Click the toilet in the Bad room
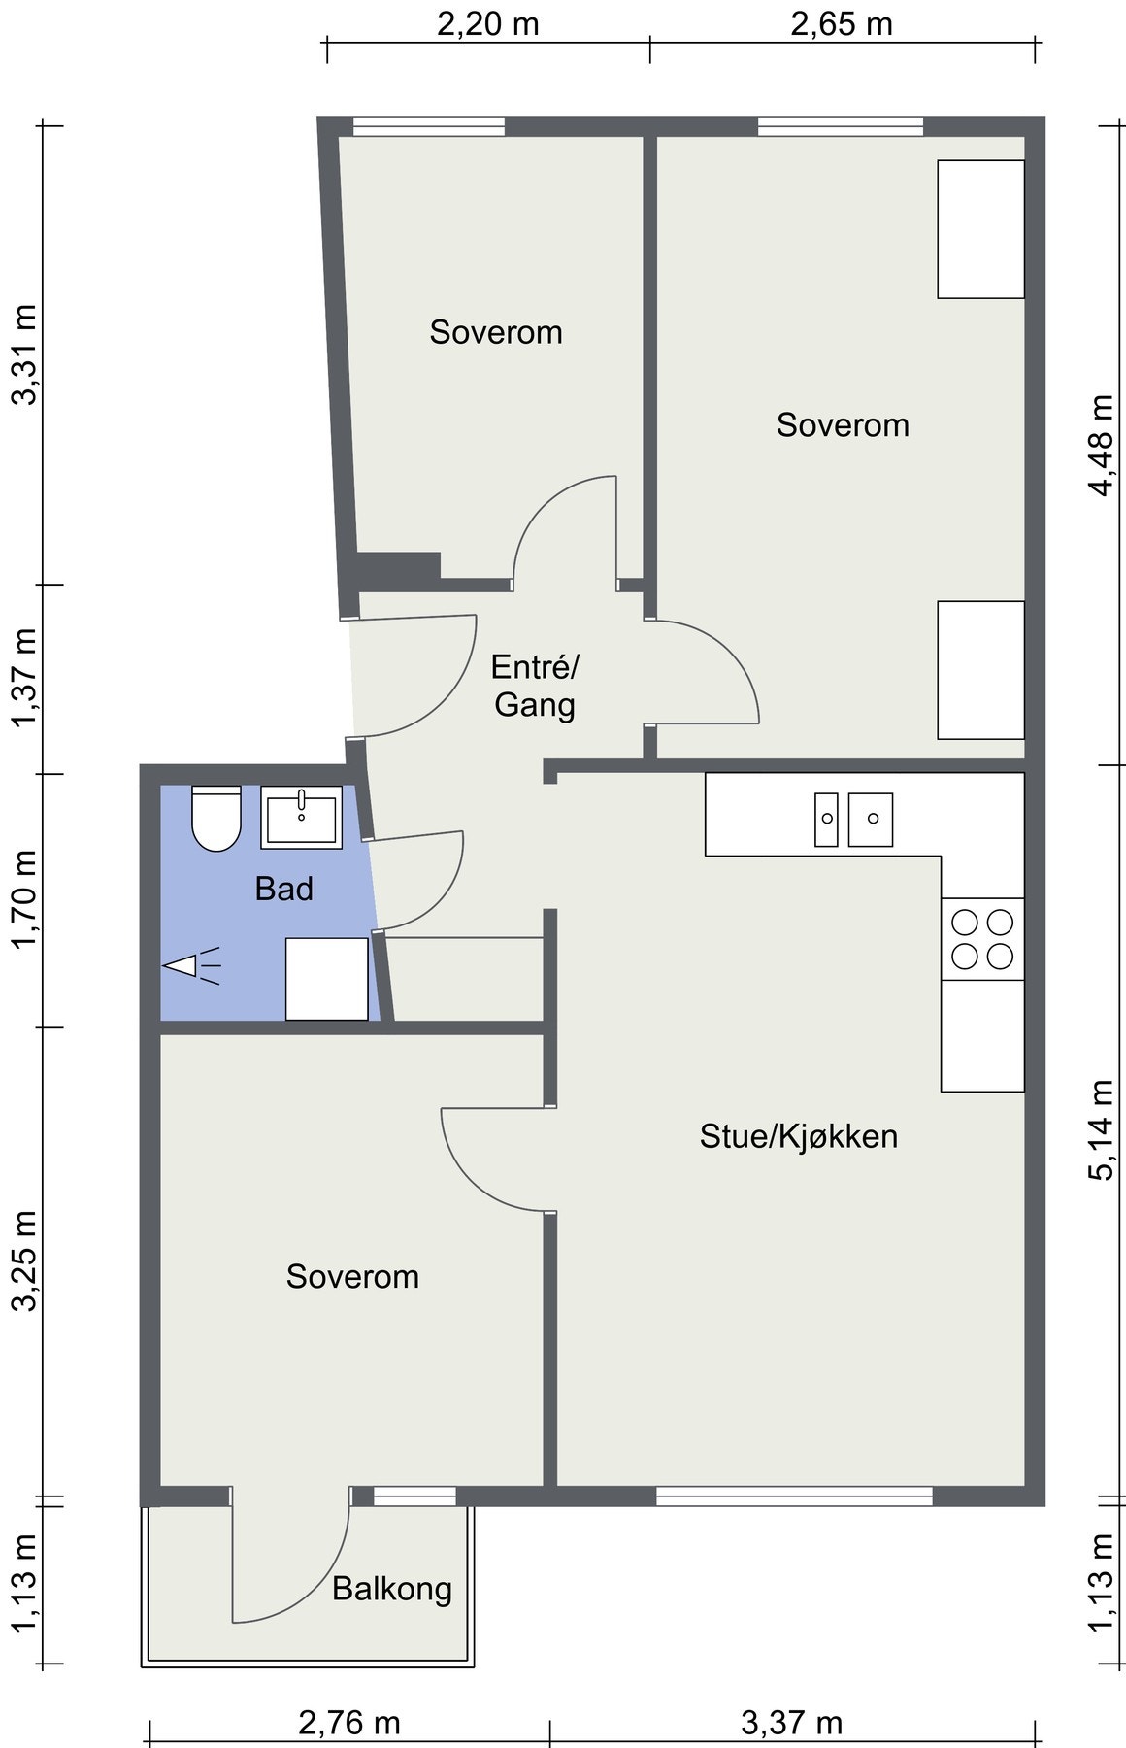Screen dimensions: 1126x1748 [x=216, y=818]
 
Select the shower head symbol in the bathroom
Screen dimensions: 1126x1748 [x=191, y=966]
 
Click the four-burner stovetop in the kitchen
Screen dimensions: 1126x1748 [x=982, y=939]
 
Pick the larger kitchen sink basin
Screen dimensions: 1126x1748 [x=871, y=820]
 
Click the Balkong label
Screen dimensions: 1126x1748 [x=392, y=1589]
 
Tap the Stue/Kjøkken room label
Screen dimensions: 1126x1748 [x=799, y=1136]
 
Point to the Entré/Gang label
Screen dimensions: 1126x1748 [x=535, y=686]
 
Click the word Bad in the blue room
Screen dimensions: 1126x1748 [x=284, y=889]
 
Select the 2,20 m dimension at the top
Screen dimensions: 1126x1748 [x=487, y=23]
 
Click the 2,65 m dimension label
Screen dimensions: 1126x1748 [x=842, y=23]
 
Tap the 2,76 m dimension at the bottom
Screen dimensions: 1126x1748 [x=349, y=1723]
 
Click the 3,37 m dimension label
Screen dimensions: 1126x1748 [x=791, y=1723]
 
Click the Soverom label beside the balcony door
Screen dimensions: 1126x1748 [x=352, y=1276]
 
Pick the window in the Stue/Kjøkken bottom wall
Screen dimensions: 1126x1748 [x=794, y=1496]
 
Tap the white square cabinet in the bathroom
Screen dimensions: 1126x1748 [x=327, y=979]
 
